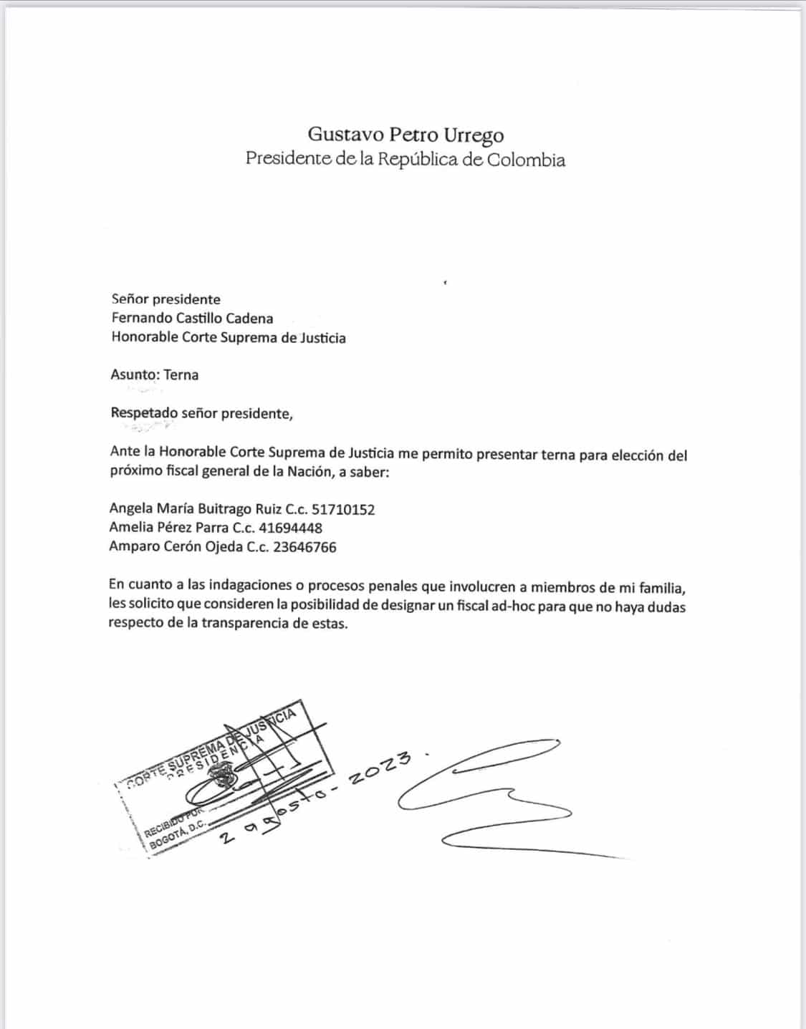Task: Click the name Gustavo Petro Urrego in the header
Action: point(406,135)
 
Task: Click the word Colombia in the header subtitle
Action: point(526,160)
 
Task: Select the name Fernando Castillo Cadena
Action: point(192,318)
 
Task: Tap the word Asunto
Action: point(134,375)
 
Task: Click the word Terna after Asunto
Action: point(181,375)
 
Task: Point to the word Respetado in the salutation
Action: point(144,413)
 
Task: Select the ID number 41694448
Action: point(290,528)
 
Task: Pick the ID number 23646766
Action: point(304,547)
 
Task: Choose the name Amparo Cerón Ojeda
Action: point(169,547)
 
